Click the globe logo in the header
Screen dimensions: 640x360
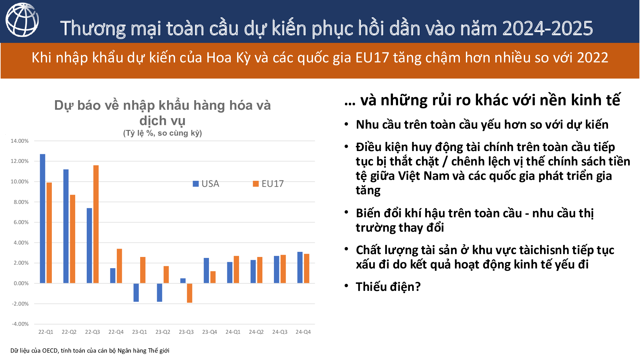click(22, 20)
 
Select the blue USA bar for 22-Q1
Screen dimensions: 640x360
click(43, 219)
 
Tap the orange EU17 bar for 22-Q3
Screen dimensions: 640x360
click(96, 224)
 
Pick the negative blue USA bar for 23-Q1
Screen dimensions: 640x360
click(136, 292)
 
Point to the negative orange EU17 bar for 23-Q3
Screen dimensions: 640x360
click(190, 293)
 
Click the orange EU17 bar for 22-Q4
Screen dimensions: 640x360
click(119, 266)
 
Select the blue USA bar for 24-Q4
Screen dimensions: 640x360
click(300, 268)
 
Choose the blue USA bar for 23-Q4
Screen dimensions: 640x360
click(206, 270)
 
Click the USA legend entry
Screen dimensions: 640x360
click(206, 184)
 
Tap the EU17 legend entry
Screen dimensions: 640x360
click(268, 184)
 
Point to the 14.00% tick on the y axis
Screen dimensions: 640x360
click(20, 141)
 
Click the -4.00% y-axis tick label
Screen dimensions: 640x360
click(20, 324)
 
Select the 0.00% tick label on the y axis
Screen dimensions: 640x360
click(21, 283)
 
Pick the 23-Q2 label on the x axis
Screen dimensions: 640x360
click(163, 332)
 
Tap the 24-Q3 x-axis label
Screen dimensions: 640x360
click(280, 332)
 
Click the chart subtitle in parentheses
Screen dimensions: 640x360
click(163, 133)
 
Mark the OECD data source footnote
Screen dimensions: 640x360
click(90, 350)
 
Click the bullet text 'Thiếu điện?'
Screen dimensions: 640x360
click(388, 287)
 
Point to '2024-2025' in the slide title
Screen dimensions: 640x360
click(548, 28)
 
